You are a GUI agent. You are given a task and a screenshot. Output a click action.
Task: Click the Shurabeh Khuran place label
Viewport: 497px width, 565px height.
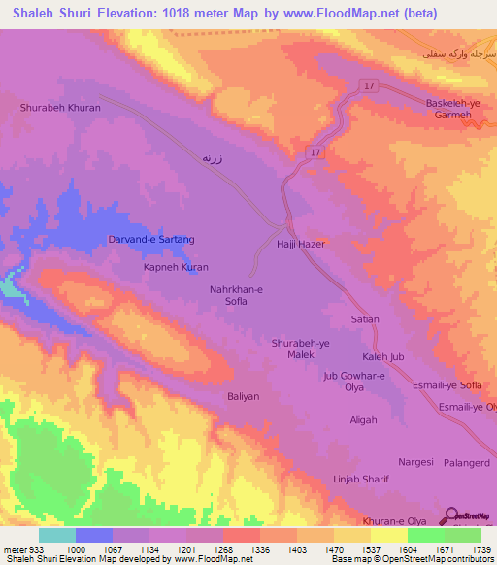point(60,108)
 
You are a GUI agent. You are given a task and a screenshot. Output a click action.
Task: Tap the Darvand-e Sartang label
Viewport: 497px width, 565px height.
point(150,239)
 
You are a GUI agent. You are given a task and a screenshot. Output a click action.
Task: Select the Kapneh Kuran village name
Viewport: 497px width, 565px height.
point(176,266)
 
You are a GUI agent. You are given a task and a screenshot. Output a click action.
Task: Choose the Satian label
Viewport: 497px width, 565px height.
point(365,318)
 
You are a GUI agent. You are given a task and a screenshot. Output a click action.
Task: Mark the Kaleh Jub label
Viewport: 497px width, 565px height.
point(382,356)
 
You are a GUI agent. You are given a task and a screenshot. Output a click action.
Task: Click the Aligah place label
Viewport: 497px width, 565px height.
point(363,419)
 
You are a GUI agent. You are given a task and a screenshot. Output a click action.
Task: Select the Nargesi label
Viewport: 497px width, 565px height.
point(415,462)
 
